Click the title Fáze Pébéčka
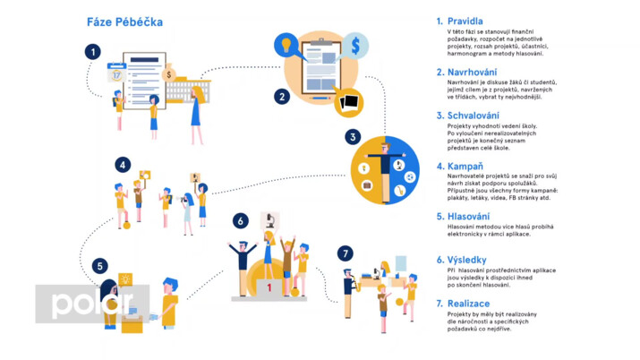click(x=124, y=21)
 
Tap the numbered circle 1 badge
click(x=92, y=52)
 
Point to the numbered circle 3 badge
click(x=354, y=137)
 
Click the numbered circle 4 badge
click(x=123, y=165)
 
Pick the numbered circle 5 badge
click(x=100, y=265)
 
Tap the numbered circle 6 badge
click(x=239, y=219)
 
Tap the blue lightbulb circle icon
click(x=286, y=43)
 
